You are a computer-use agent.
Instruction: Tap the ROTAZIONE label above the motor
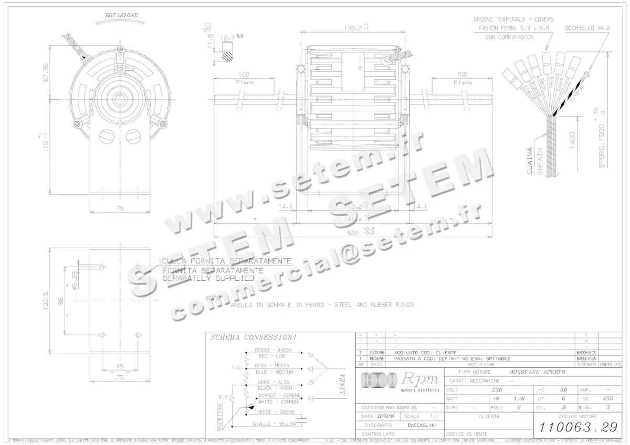[122, 15]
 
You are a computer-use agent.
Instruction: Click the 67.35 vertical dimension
[46, 72]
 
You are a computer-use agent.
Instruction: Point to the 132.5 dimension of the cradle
[46, 300]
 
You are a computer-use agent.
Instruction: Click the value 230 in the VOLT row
[497, 390]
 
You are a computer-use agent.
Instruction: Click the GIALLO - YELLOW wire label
[274, 423]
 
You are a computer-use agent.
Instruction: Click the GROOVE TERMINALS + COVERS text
[512, 19]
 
